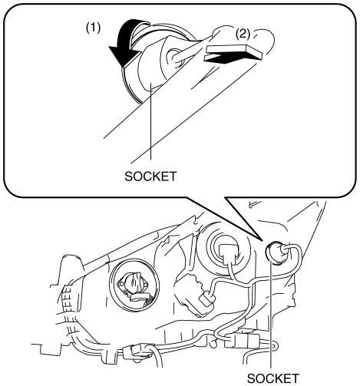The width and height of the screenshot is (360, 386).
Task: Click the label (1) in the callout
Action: pos(93,28)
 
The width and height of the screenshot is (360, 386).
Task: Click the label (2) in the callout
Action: pos(243,34)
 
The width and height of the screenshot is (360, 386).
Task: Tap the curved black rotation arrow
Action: pos(127,42)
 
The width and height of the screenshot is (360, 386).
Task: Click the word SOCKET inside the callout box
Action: pos(150,177)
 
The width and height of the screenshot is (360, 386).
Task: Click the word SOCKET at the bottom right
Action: pos(273,378)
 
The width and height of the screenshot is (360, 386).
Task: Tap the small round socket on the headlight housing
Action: pos(274,252)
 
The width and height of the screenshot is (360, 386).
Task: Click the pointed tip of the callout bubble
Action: pos(263,240)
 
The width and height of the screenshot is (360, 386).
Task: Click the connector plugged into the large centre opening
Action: pos(230,254)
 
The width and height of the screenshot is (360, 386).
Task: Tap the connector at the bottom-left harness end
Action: pos(133,351)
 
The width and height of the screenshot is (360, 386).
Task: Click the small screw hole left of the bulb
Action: pos(121,284)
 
